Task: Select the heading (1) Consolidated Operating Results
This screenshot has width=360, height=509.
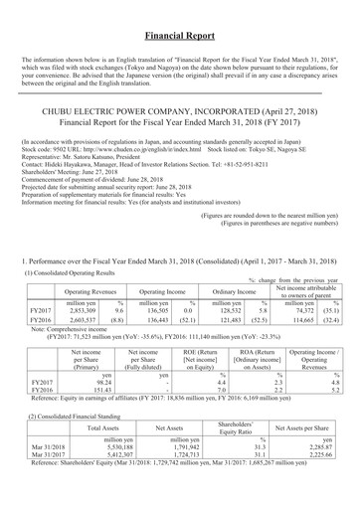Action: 79,272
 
